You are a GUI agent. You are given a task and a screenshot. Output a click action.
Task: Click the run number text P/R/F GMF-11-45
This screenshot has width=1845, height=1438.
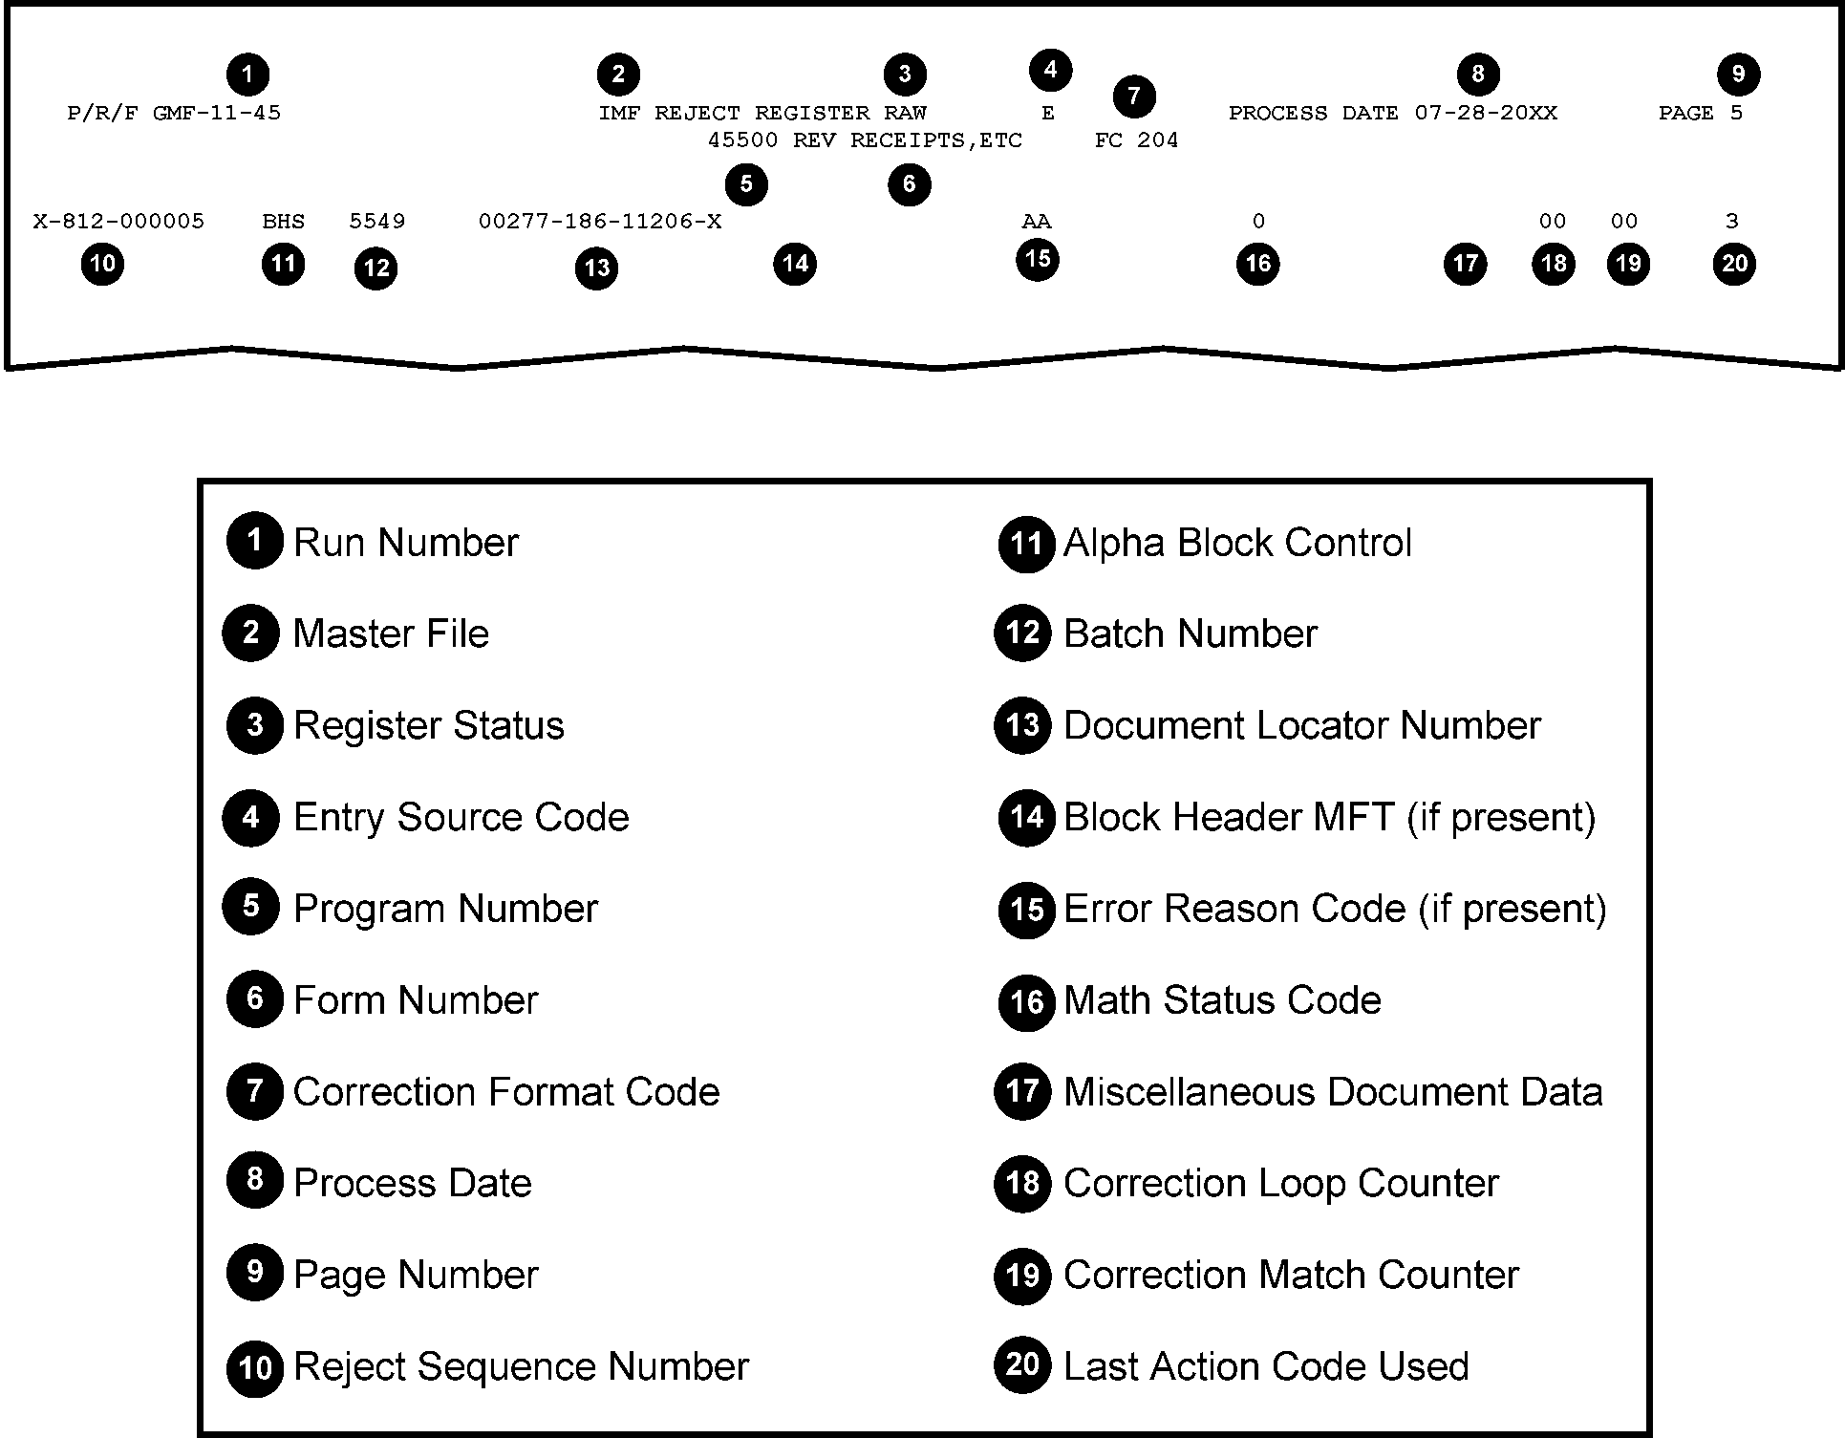pyautogui.click(x=174, y=114)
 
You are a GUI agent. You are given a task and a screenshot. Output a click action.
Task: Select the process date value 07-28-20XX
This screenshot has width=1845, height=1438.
pyautogui.click(x=1486, y=114)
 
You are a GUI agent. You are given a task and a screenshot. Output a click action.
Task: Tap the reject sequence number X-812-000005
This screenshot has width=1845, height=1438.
pyautogui.click(x=118, y=223)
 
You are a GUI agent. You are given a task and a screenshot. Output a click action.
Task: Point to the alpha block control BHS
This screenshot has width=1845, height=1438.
pyautogui.click(x=284, y=223)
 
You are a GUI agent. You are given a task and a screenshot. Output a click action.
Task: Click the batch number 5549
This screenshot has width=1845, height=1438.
pyautogui.click(x=376, y=223)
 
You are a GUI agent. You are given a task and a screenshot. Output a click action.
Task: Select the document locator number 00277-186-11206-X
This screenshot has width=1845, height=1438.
pyautogui.click(x=600, y=223)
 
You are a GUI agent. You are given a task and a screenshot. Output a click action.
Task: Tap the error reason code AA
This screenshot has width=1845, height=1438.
pyautogui.click(x=1036, y=223)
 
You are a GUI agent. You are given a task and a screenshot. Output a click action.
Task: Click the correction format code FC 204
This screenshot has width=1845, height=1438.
pyautogui.click(x=1136, y=141)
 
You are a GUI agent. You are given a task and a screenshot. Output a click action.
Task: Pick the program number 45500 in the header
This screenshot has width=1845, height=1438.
pyautogui.click(x=742, y=141)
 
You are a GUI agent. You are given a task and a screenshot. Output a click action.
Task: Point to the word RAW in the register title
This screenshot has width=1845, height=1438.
pyautogui.click(x=905, y=114)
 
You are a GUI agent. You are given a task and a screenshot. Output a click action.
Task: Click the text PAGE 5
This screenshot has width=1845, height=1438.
pyautogui.click(x=1701, y=114)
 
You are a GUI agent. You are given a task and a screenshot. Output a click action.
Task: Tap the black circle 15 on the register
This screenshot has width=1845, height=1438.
pyautogui.click(x=1037, y=259)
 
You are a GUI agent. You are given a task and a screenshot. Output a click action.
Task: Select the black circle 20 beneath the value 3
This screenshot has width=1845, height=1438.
pyautogui.click(x=1734, y=264)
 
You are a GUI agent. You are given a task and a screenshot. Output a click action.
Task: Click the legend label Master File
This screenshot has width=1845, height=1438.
pyautogui.click(x=391, y=633)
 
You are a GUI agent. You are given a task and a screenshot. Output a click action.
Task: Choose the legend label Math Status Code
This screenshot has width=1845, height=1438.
pyautogui.click(x=1222, y=1000)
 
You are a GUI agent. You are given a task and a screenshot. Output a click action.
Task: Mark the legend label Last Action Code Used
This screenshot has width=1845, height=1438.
pyautogui.click(x=1266, y=1366)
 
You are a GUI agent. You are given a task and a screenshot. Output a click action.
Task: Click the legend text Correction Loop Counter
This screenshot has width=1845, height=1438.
pyautogui.click(x=1280, y=1184)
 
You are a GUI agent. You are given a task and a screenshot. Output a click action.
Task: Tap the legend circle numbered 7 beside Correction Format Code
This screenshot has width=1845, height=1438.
pyautogui.click(x=254, y=1091)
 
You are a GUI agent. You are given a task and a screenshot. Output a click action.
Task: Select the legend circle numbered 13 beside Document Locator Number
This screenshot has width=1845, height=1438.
pyautogui.click(x=1023, y=725)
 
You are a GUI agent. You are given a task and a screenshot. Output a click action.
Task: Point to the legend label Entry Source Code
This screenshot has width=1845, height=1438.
pyautogui.click(x=461, y=817)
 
